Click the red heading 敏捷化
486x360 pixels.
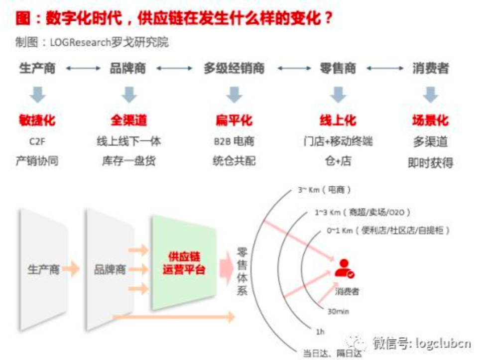37,120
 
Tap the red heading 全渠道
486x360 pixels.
129,120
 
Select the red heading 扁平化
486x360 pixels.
234,120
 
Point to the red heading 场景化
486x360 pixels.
430,120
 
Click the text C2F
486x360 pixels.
37,141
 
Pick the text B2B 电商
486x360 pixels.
234,141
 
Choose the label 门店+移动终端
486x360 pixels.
338,141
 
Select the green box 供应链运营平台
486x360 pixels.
184,263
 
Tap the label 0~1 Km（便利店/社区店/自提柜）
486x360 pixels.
388,231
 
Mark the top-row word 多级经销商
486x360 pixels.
234,68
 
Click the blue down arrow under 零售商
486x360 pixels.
338,94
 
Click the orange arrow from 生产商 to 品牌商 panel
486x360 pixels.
71,269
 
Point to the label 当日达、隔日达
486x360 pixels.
333,354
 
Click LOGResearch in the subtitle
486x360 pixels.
79,42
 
